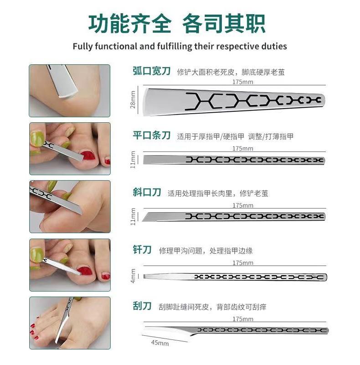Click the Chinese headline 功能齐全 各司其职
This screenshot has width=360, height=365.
(x=177, y=24)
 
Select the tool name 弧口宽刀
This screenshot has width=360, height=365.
(x=152, y=71)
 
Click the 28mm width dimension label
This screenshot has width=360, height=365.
(x=133, y=99)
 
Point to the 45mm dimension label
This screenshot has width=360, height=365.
(x=160, y=343)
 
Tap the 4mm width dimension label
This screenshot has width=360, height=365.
(x=133, y=276)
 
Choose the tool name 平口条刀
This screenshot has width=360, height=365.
(x=152, y=135)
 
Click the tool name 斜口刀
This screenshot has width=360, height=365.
(x=147, y=192)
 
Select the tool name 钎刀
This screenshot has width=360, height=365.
(x=142, y=250)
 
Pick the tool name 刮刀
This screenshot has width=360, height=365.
(x=142, y=306)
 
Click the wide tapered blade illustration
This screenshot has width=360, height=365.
(x=234, y=101)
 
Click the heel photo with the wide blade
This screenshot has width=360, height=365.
(x=70, y=91)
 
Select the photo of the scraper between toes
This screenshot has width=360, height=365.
(x=70, y=323)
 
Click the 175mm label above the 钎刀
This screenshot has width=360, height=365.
(x=243, y=263)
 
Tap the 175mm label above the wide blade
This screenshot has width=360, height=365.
(x=243, y=82)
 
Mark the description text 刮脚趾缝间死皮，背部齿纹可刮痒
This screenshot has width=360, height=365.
(x=212, y=307)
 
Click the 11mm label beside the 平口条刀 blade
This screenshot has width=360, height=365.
(x=133, y=160)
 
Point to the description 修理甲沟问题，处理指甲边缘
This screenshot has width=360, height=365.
(x=206, y=250)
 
